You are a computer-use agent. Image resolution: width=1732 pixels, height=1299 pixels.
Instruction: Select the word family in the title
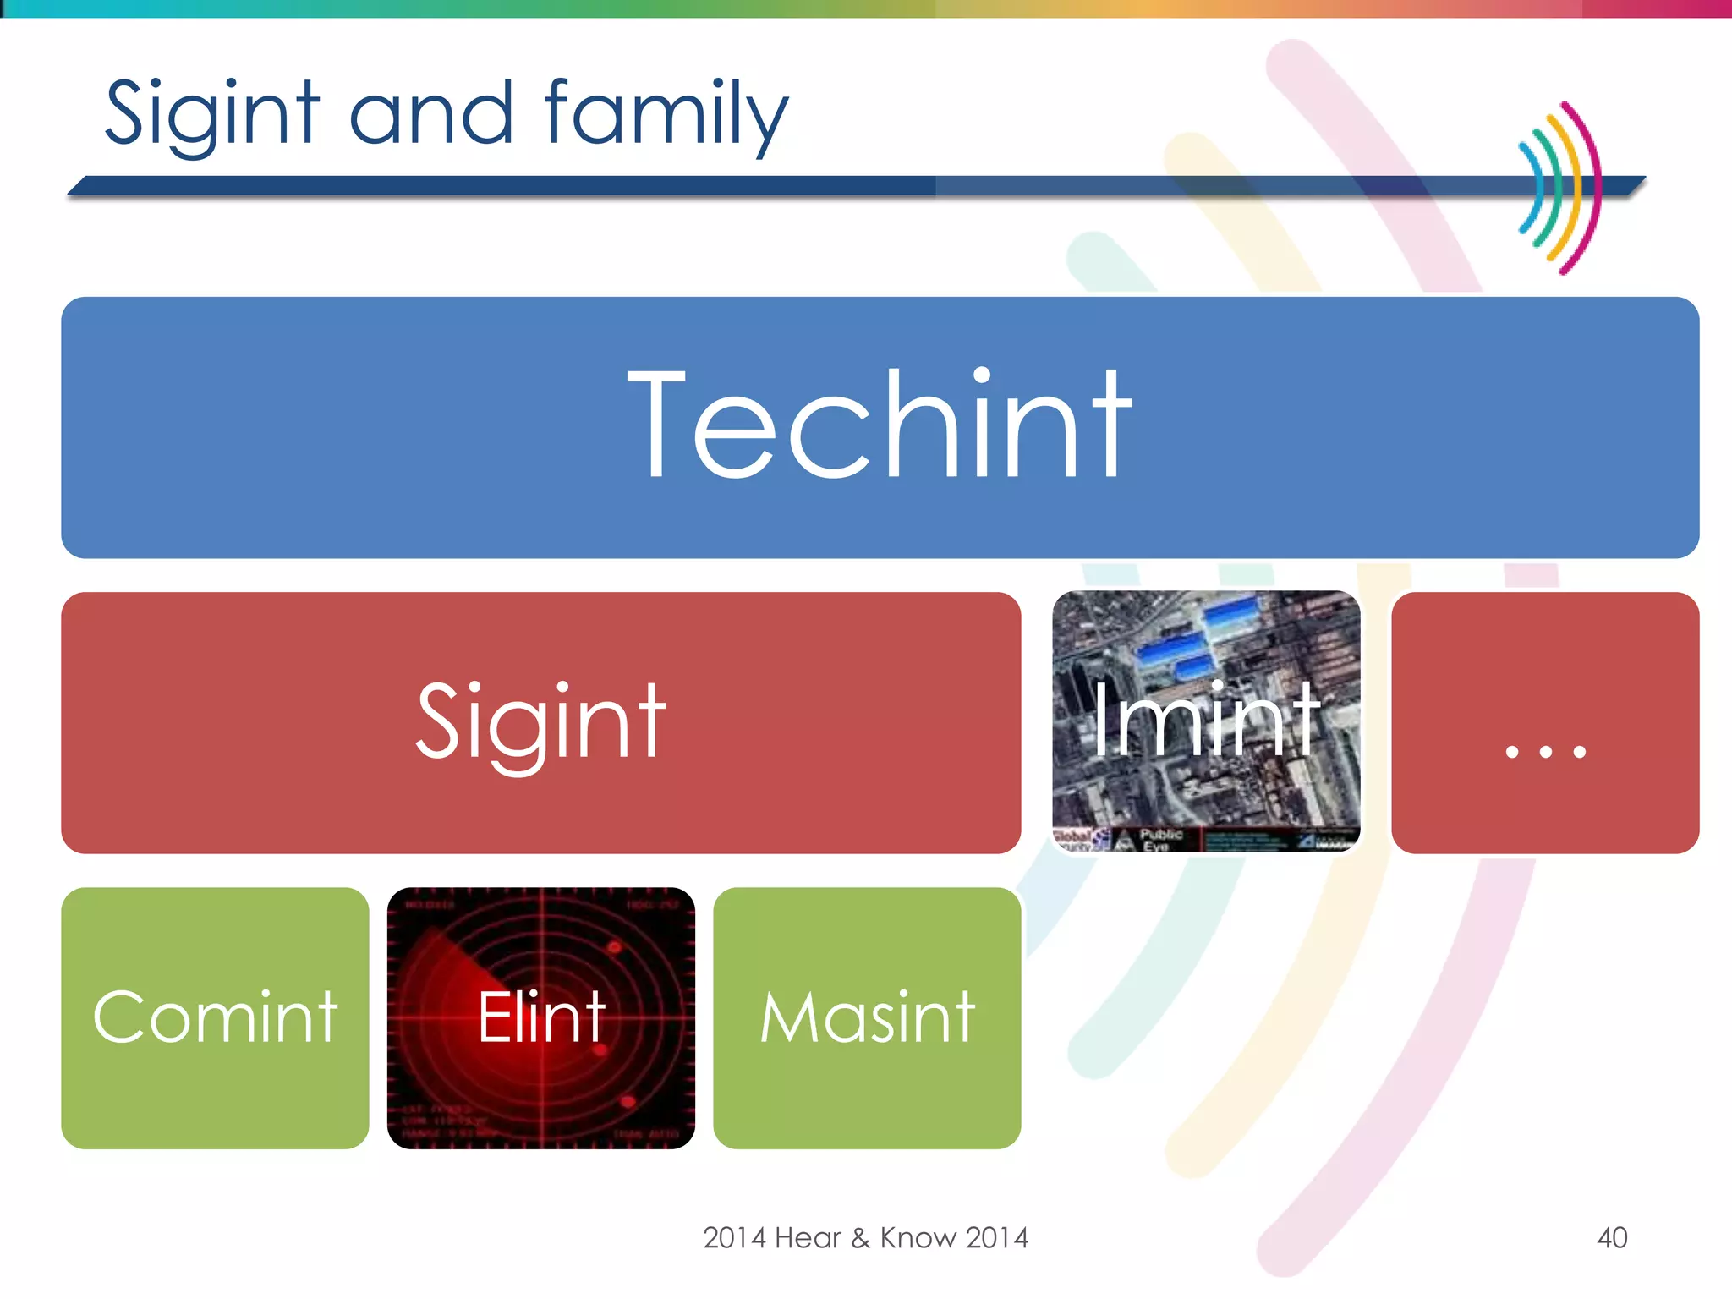coord(666,114)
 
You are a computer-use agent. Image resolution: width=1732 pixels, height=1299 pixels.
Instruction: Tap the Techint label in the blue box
coord(880,425)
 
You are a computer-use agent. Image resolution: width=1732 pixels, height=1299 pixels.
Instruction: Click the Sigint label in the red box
coord(541,723)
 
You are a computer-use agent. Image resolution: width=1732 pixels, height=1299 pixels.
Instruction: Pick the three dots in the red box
coord(1545,751)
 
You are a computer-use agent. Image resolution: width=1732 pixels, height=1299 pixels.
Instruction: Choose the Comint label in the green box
coord(215,1017)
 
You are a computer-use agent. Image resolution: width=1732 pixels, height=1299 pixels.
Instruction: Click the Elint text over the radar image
coord(541,1017)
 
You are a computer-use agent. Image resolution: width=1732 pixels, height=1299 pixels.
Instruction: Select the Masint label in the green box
coord(867,1017)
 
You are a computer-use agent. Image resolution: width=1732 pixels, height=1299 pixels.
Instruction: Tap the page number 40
coord(1612,1238)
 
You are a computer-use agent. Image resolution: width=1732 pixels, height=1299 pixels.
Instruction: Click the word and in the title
coord(431,114)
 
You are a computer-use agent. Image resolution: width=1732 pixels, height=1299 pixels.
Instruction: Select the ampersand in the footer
coord(860,1238)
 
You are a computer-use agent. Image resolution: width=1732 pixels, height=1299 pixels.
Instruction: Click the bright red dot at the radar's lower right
coord(628,1101)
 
